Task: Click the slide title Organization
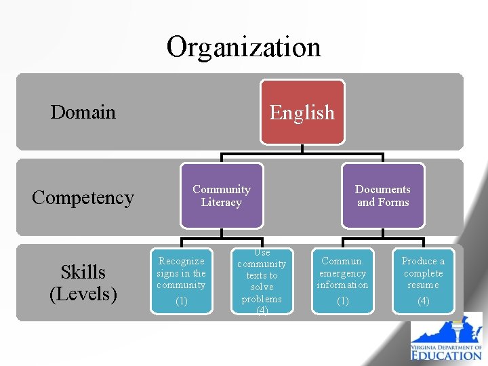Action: [243, 47]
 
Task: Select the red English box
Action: [302, 112]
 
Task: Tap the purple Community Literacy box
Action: [222, 196]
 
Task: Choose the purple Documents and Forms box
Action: [383, 196]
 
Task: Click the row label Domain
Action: [83, 112]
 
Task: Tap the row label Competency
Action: [83, 197]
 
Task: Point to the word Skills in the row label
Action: [83, 272]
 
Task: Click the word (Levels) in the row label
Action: [83, 293]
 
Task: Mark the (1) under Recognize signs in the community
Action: [181, 301]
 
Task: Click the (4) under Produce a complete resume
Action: [424, 301]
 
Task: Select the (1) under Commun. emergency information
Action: [343, 301]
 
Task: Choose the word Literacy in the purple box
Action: [222, 202]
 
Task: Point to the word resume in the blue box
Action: [424, 285]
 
